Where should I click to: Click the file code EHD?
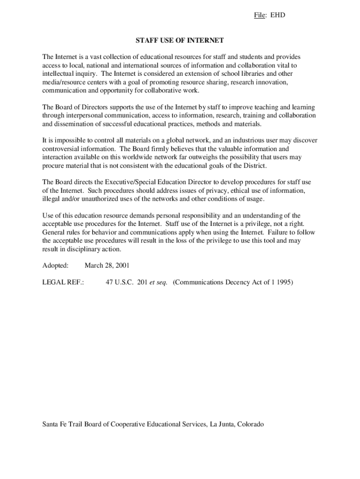pos(278,15)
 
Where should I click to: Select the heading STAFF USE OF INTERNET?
pos(180,41)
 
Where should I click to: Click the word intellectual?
pos(59,74)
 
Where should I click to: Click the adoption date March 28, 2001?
pos(107,266)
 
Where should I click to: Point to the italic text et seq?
pos(158,283)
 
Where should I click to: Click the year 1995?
pos(284,283)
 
